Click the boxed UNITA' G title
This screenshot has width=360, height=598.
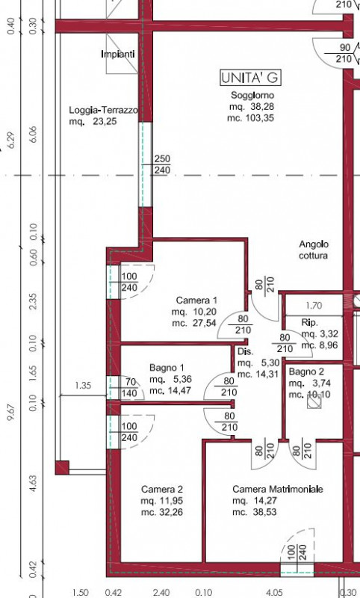[x=251, y=78]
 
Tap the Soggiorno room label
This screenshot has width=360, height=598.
[x=252, y=95]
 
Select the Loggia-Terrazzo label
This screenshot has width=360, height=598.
[x=103, y=110]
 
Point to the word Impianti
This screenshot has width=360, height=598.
[x=118, y=54]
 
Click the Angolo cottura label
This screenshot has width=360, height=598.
[x=314, y=250]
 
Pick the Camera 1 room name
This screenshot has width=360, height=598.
[x=196, y=300]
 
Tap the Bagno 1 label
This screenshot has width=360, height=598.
[x=167, y=368]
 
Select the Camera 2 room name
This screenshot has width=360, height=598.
[x=162, y=489]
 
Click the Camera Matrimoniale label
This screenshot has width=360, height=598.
[x=278, y=489]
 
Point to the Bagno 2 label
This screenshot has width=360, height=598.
[x=306, y=372]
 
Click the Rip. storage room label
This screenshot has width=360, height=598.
[x=310, y=323]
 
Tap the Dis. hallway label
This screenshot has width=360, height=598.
[x=245, y=351]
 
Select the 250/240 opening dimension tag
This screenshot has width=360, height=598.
[x=162, y=164]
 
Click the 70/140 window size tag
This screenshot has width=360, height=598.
[x=131, y=387]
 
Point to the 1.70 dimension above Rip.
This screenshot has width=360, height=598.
[x=314, y=306]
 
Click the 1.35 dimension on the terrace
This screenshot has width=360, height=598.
[x=83, y=385]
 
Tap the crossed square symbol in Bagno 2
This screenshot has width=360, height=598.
[x=314, y=401]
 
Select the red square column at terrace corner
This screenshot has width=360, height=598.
[x=62, y=468]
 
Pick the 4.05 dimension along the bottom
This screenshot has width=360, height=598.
[x=274, y=593]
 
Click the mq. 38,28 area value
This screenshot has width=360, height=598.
[x=252, y=107]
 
